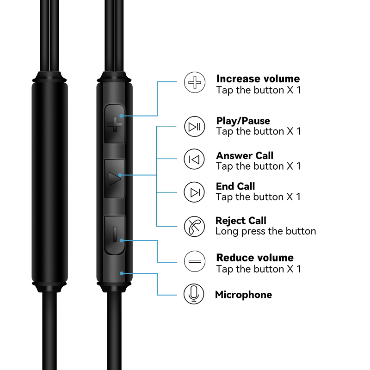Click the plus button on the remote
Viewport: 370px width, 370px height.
[x=114, y=123]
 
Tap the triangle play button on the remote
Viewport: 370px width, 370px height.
[x=114, y=179]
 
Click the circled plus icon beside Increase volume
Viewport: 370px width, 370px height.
[x=195, y=82]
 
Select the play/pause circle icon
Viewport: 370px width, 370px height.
[x=194, y=126]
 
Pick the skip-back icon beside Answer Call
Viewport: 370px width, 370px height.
[x=194, y=159]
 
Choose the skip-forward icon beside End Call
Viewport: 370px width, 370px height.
[x=194, y=192]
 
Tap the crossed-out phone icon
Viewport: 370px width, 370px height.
[x=194, y=227]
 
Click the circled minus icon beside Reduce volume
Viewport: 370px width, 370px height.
[x=195, y=261]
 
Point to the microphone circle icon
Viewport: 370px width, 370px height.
[x=194, y=294]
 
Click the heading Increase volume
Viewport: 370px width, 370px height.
[x=258, y=79]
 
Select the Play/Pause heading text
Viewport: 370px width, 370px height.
[x=243, y=121]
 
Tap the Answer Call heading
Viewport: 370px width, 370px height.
[x=245, y=155]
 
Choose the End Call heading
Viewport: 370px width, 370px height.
[x=235, y=186]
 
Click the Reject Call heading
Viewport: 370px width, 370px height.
[x=241, y=221]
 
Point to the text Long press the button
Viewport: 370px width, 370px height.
[x=265, y=231]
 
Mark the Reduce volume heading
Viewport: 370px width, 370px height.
[x=255, y=258]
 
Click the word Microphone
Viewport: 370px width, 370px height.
[x=244, y=295]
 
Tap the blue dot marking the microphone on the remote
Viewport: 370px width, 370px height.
[x=122, y=273]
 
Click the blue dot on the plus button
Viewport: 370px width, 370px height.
[x=122, y=116]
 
